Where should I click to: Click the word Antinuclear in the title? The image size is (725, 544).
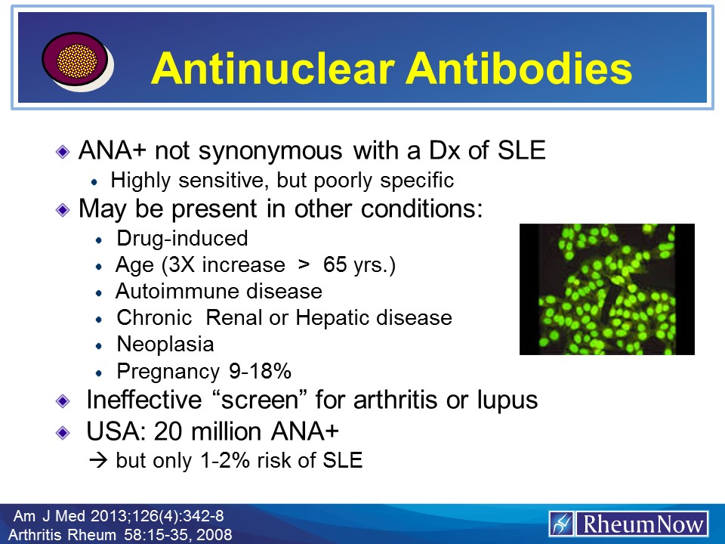[273, 68]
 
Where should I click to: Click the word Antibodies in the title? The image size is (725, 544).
[519, 68]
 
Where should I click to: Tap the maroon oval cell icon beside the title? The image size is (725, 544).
[76, 60]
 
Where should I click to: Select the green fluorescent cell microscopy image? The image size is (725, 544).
[607, 289]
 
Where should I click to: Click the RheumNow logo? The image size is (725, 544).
[628, 524]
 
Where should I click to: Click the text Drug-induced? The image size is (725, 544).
[182, 238]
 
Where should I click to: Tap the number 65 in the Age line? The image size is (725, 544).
[335, 264]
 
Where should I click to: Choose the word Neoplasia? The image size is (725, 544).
[165, 345]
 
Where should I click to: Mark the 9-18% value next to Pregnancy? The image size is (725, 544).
[261, 371]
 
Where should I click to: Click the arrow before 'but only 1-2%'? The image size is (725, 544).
[98, 460]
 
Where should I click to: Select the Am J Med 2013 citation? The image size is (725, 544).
[119, 516]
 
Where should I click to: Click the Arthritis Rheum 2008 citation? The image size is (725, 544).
[120, 535]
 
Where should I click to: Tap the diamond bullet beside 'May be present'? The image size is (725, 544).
[63, 211]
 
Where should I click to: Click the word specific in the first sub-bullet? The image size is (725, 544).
[417, 181]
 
